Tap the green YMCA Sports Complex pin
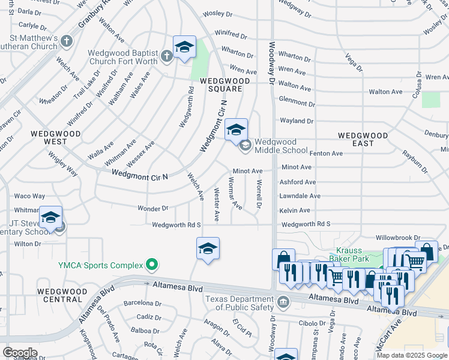pos(152,265)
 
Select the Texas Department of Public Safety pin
pos(284,301)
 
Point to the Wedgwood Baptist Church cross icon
pos(167,56)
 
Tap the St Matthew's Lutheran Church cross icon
pos(67,42)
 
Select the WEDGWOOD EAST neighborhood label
pos(363,140)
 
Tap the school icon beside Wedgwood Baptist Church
pos(184,47)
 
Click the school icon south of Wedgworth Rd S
pos(208,248)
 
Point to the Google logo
pos(19,353)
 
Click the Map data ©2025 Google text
pos(411,355)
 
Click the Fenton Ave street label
pos(327,154)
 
